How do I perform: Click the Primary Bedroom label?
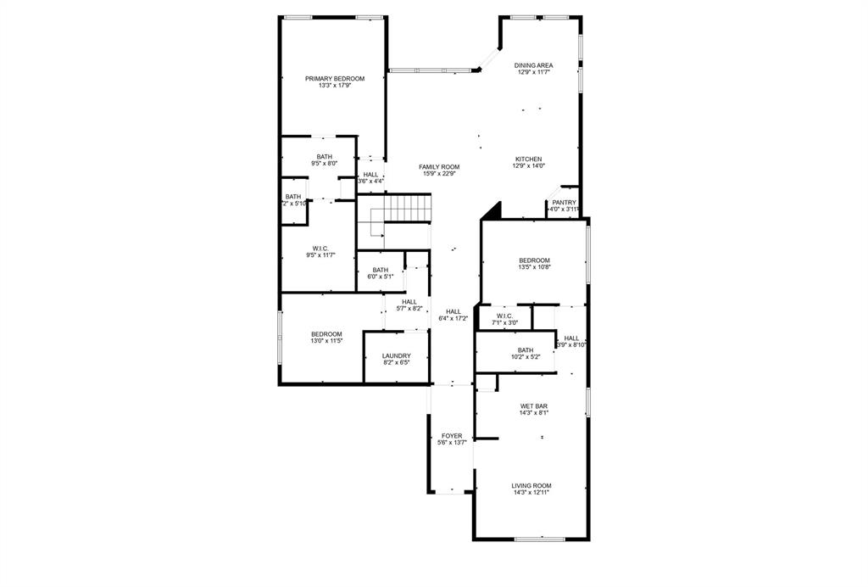(335, 79)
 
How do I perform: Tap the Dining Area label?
(534, 65)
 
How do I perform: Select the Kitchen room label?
(528, 159)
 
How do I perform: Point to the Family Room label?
(439, 167)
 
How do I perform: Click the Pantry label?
(564, 203)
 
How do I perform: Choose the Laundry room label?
(396, 356)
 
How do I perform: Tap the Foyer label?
(452, 436)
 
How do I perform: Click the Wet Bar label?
(534, 406)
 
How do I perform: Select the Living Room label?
(531, 486)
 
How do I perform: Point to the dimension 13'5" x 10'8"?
(534, 267)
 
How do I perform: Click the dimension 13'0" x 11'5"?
(326, 341)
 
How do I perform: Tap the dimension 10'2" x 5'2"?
(526, 357)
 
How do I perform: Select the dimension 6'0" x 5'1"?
(380, 277)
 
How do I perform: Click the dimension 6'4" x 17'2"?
(453, 319)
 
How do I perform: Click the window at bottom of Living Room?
(540, 539)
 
